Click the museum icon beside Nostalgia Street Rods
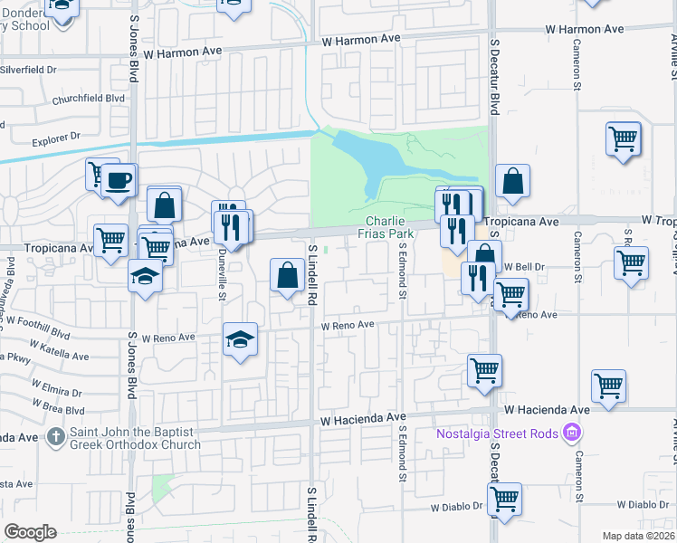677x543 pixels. tap(571, 433)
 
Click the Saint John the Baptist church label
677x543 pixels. tap(136, 438)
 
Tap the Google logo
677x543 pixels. tap(30, 532)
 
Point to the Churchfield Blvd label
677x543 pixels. tap(88, 100)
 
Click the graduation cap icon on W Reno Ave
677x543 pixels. tap(240, 339)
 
